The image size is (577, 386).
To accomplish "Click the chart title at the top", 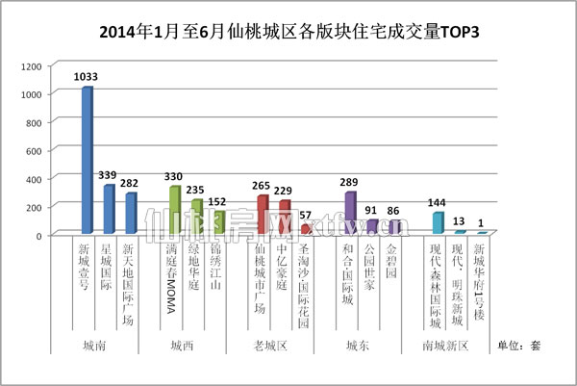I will (288, 32).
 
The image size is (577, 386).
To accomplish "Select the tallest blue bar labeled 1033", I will (87, 160).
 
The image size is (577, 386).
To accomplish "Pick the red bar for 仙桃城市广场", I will (262, 215).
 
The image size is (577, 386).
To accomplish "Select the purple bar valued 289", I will (349, 213).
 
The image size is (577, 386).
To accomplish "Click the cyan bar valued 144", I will (438, 223).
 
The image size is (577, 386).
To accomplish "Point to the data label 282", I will (129, 183).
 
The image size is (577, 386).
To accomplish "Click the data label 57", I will (306, 216).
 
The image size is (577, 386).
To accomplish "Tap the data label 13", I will (459, 221).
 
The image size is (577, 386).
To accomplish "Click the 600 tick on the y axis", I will (34, 150).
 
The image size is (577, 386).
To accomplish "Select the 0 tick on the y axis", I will (38, 235).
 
